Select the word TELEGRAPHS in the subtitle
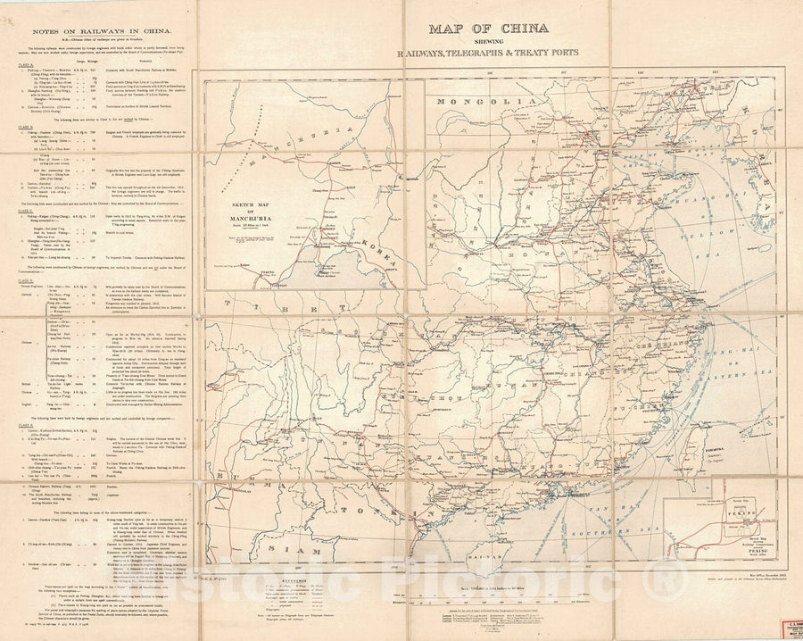coord(494,53)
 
